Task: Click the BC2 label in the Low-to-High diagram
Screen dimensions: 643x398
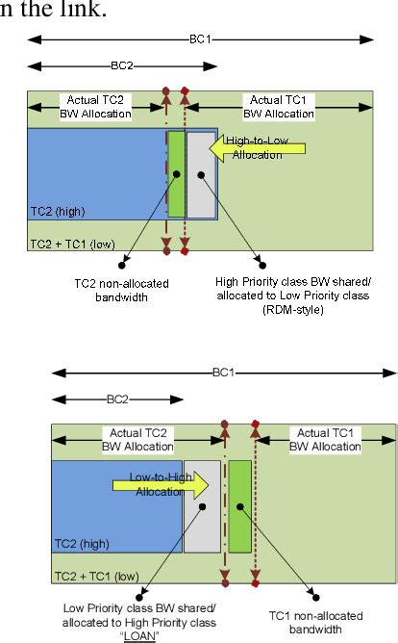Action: [117, 398]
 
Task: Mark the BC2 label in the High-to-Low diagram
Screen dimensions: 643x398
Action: [122, 65]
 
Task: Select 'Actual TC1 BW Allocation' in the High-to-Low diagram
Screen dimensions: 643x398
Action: [280, 107]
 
